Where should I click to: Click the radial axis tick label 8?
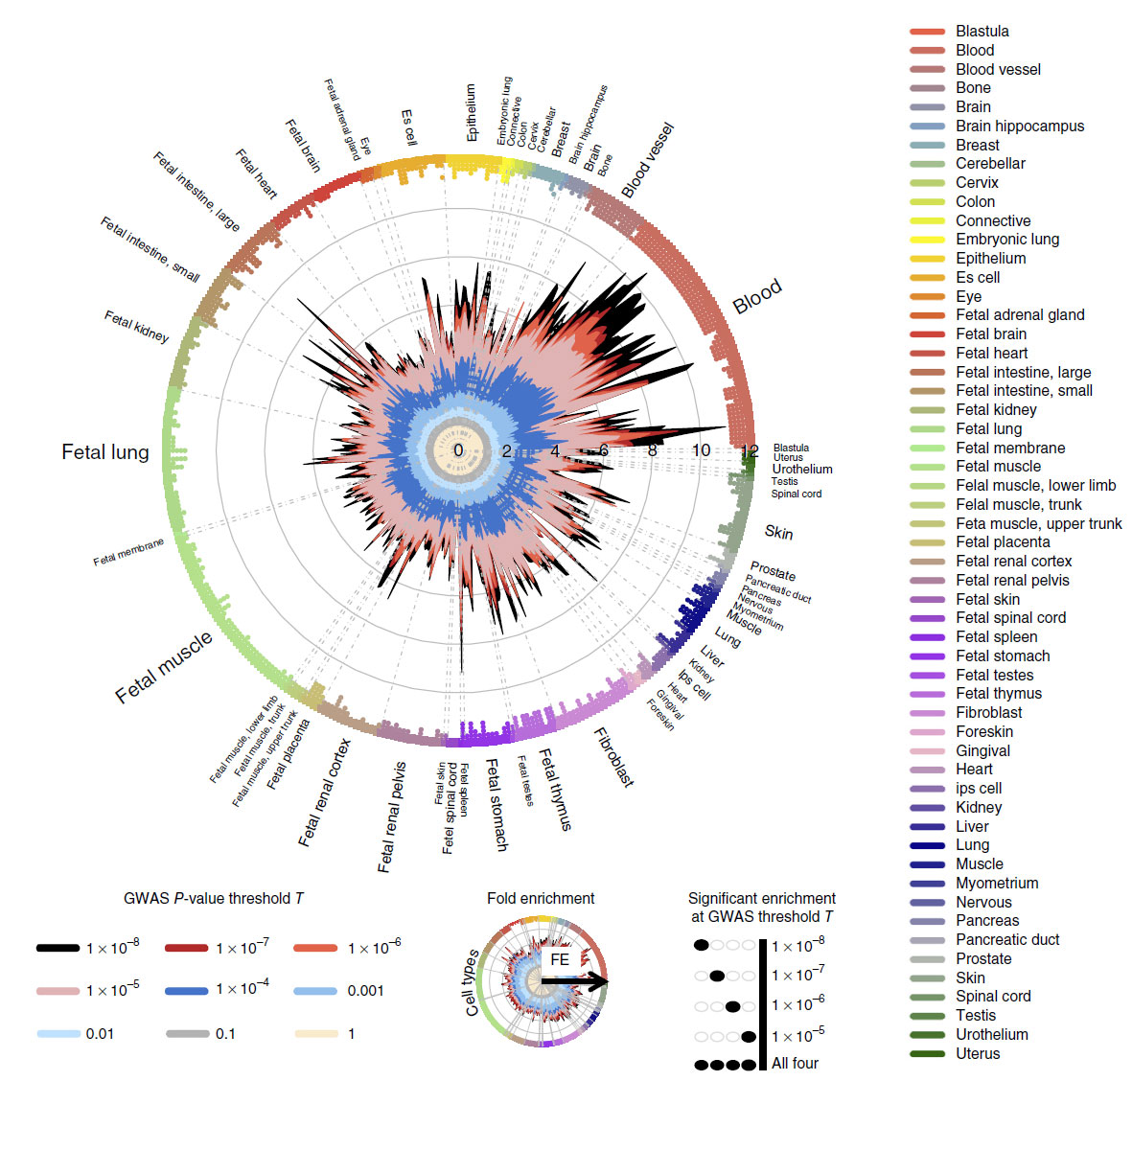pos(653,450)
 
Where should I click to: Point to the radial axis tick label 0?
pos(458,450)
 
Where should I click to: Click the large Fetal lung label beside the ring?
pos(105,452)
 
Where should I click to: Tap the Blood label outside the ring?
pos(757,297)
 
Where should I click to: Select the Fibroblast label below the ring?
pos(614,757)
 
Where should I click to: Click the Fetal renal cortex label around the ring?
pos(325,793)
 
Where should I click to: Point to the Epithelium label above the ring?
pos(471,112)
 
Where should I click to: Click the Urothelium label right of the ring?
pos(802,470)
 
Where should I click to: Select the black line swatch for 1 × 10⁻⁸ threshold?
pos(58,948)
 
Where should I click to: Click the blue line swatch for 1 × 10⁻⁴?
pos(186,990)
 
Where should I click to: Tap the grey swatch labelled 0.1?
pos(186,1034)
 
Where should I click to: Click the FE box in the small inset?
pos(560,959)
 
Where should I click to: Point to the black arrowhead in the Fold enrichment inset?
pos(599,981)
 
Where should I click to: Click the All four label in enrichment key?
pos(795,1064)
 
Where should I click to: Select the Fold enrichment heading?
pos(541,899)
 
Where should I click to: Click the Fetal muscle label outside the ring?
pos(164,668)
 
